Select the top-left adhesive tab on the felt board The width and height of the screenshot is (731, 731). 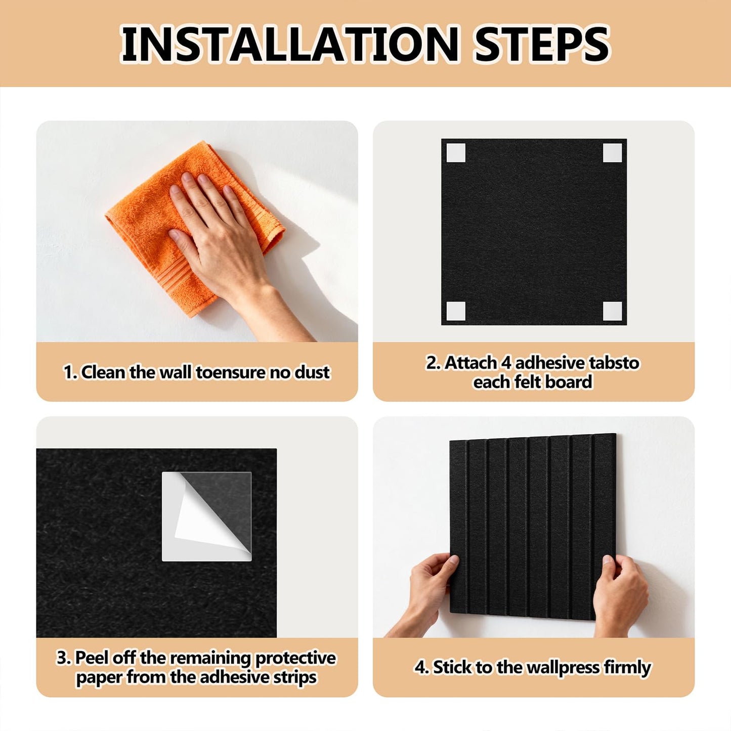(456, 153)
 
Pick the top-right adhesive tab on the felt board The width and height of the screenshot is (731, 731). (612, 153)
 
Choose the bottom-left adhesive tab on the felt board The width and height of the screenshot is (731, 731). (456, 311)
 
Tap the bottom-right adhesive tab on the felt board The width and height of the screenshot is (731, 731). (612, 311)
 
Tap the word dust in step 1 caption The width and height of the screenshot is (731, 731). (312, 372)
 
